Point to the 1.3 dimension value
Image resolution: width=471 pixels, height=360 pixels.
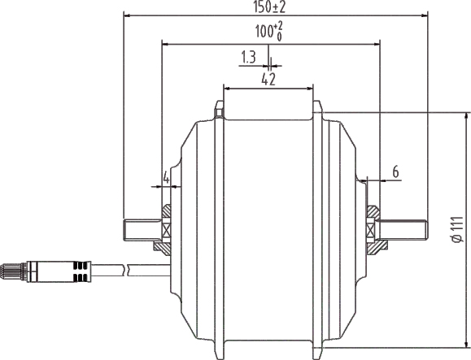pyautogui.click(x=249, y=58)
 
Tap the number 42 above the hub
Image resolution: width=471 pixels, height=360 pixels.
pyautogui.click(x=268, y=79)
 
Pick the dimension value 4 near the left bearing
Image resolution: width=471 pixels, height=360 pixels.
pyautogui.click(x=166, y=176)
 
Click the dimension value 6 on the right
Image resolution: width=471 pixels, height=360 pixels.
pyautogui.click(x=395, y=171)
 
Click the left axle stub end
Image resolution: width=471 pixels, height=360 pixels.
pyautogui.click(x=128, y=229)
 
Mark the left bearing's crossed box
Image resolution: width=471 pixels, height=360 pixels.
pyautogui.click(x=166, y=229)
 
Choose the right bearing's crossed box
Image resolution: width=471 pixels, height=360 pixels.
pyautogui.click(x=374, y=229)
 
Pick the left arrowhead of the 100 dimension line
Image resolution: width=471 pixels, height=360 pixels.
pyautogui.click(x=165, y=44)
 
